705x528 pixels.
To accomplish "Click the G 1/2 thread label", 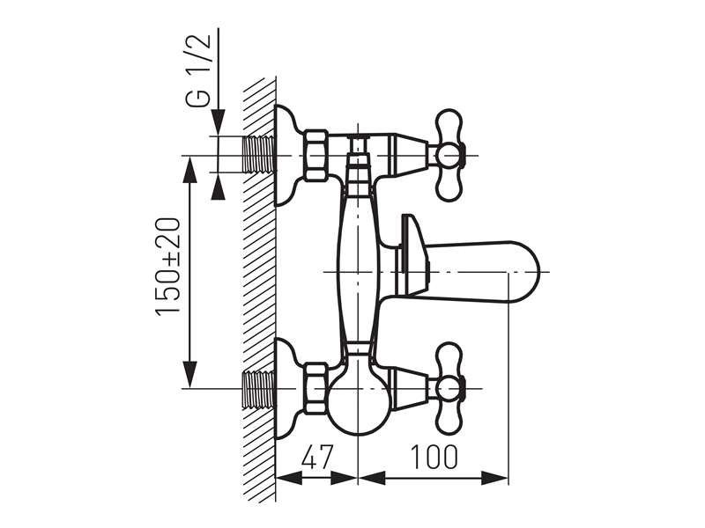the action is click(x=197, y=70).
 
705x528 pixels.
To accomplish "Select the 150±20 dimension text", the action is click(x=168, y=268).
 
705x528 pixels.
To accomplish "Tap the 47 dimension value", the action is click(x=316, y=457).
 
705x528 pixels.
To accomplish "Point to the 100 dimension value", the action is click(x=434, y=457).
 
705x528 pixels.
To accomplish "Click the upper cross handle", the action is click(x=449, y=156).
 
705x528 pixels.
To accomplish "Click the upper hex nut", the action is click(x=316, y=156).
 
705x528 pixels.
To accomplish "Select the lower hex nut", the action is click(x=316, y=389).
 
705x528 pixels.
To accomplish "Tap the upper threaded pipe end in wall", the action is click(x=258, y=154).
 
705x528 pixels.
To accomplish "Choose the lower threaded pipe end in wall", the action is click(x=258, y=389).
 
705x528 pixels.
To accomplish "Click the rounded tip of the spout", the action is click(x=534, y=272).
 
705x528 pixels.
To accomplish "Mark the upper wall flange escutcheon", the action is click(x=288, y=156).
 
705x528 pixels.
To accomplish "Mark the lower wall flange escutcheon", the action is click(x=288, y=389).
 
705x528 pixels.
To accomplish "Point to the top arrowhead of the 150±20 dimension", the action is click(x=190, y=170).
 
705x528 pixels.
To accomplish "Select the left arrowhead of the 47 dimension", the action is click(x=289, y=478).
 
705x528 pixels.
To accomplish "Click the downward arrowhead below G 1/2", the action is click(x=218, y=122).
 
